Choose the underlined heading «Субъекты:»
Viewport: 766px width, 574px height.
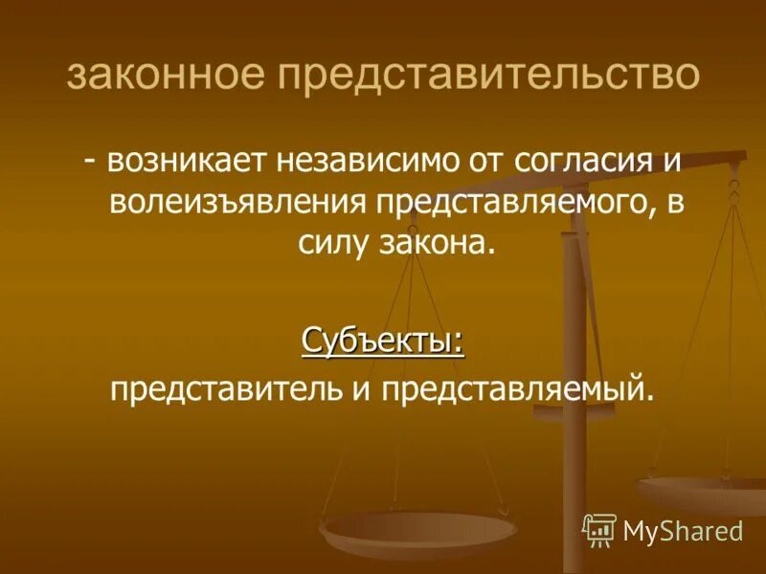click(383, 340)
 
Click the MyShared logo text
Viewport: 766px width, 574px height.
click(683, 530)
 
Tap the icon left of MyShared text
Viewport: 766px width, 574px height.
click(599, 530)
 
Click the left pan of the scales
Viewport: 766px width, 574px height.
click(419, 529)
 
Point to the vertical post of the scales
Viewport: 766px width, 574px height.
click(574, 430)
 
